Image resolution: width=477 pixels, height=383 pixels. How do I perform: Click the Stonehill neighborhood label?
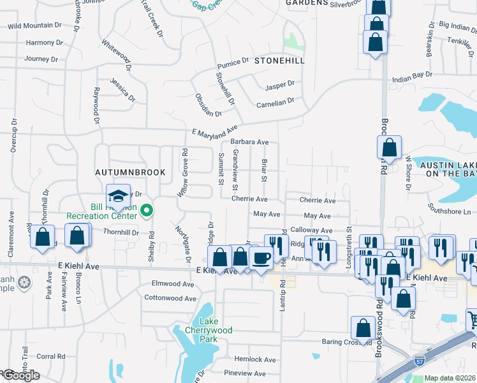(x=279, y=61)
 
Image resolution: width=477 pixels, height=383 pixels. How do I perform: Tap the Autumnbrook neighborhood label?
(x=130, y=172)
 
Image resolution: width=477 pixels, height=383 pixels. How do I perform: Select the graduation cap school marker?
(x=118, y=196)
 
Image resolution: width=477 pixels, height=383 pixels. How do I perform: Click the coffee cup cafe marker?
(x=261, y=257)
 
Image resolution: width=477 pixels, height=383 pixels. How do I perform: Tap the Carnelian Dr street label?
(x=275, y=101)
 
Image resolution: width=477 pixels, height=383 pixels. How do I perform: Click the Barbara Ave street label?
(x=249, y=142)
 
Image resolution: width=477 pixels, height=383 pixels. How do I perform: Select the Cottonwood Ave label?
(x=170, y=298)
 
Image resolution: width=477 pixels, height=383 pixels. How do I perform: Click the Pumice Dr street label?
(x=232, y=63)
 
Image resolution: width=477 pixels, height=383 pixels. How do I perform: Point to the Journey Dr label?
(x=41, y=59)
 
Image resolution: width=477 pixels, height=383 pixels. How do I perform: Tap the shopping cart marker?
(x=473, y=319)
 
